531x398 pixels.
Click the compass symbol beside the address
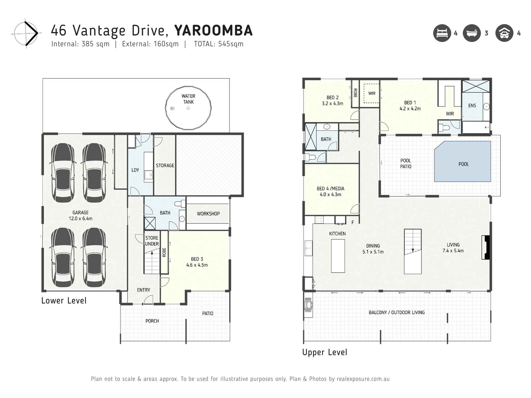pyautogui.click(x=26, y=33)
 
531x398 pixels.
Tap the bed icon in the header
pyautogui.click(x=442, y=33)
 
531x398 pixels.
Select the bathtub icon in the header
pyautogui.click(x=472, y=33)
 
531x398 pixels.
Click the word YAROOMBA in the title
pyautogui.click(x=213, y=31)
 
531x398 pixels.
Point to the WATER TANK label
pyautogui.click(x=188, y=99)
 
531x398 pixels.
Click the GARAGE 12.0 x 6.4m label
pyautogui.click(x=80, y=215)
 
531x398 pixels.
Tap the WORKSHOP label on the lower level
pyautogui.click(x=208, y=214)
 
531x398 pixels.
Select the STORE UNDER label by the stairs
pyautogui.click(x=152, y=241)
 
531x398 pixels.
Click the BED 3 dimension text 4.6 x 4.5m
pyautogui.click(x=197, y=265)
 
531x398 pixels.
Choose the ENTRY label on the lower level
pyautogui.click(x=144, y=290)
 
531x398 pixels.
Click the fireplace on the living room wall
pyautogui.click(x=486, y=247)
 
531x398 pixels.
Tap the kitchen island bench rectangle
pyautogui.click(x=338, y=256)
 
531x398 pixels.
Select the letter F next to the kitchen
pyautogui.click(x=353, y=222)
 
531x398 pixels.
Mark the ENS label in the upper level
pyautogui.click(x=472, y=106)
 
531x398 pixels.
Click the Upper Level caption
pyautogui.click(x=324, y=352)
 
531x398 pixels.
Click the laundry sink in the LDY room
pyautogui.click(x=148, y=175)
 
